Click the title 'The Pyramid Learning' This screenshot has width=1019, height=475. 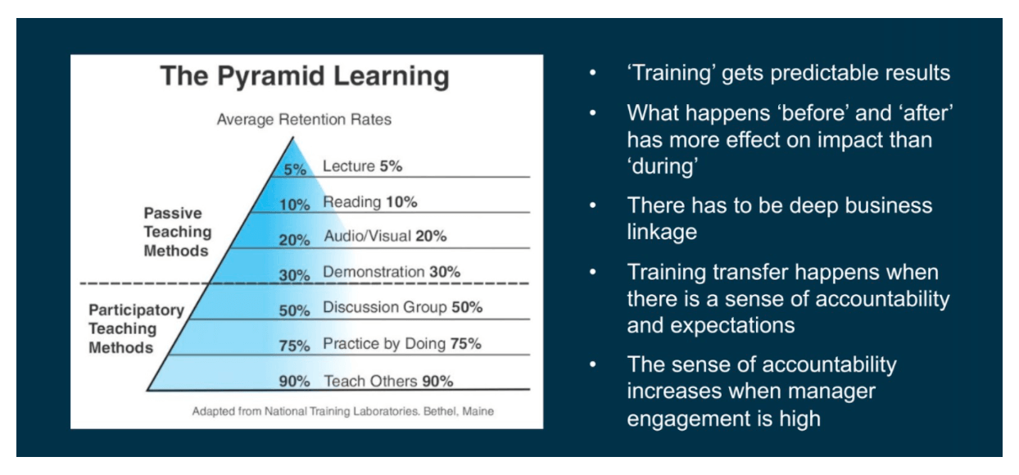point(305,76)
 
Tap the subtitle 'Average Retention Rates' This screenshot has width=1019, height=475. point(304,120)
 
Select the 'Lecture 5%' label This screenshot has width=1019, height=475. point(362,166)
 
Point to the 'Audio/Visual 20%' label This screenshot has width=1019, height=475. point(384,237)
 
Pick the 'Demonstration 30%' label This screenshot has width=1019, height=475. point(392,272)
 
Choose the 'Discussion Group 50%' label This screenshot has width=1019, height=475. point(402,308)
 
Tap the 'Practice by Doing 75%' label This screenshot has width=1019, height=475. point(401,344)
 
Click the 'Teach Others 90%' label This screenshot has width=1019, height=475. point(388,381)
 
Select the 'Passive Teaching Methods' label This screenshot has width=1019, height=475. point(177,232)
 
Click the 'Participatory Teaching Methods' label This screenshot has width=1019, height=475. point(136,329)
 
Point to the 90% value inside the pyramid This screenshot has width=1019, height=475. point(294,382)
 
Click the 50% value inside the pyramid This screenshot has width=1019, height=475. point(294,310)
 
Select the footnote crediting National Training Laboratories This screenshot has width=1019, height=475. point(342,411)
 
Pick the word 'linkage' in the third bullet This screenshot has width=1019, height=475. point(662,232)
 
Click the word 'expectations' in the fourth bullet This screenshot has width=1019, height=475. point(711,324)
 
